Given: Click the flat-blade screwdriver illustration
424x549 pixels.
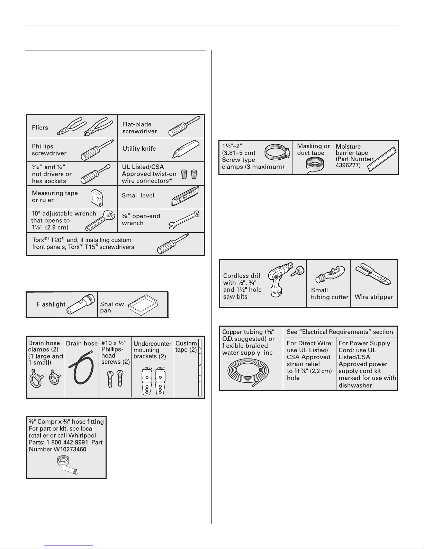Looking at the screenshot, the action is [x=184, y=126].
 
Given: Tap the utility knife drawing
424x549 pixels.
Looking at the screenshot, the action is [x=186, y=149].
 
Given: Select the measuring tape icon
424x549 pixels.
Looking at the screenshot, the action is [x=97, y=198].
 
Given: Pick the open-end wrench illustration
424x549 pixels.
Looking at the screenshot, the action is [x=184, y=220].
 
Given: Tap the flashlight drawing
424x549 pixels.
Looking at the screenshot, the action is [x=81, y=304].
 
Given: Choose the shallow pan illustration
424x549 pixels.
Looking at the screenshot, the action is [x=143, y=305].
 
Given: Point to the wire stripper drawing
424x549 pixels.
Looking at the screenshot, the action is [x=373, y=274].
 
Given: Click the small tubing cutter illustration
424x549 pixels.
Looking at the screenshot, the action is [x=330, y=275].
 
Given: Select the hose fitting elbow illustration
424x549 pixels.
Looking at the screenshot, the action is [x=67, y=465].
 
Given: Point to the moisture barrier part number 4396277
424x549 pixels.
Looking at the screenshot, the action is [x=348, y=166].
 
